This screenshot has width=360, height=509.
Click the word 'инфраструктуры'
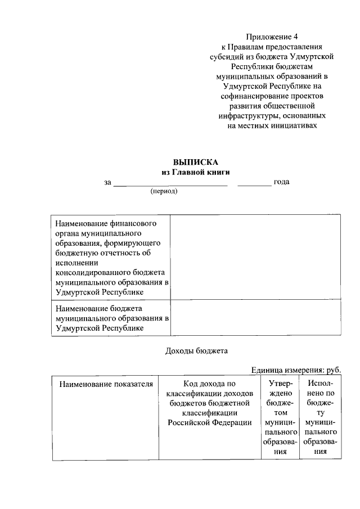pos(246,116)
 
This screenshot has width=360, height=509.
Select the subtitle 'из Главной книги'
pos(195,172)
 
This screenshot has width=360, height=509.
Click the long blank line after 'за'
pos(170,182)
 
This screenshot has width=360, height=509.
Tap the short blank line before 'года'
pos(254,182)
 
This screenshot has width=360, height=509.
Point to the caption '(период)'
pos(164,191)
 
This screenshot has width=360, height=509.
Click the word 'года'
pos(281,182)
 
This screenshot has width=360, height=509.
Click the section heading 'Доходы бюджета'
pos(196,351)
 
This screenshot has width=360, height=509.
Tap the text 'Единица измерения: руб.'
pos(296,370)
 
